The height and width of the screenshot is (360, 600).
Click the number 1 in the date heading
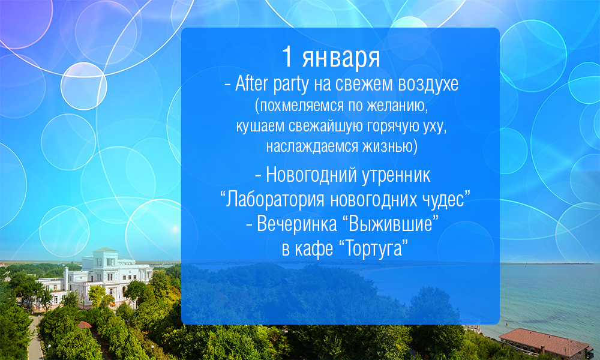(287, 56)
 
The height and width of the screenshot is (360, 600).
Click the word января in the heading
(341, 58)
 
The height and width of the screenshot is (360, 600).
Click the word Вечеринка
(297, 224)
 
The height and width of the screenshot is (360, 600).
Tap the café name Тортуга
(374, 248)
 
